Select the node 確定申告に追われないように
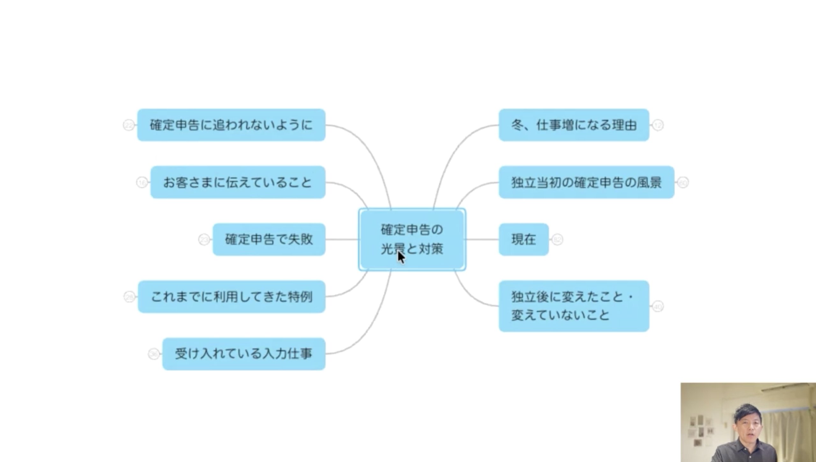pyautogui.click(x=231, y=125)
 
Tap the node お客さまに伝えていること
pyautogui.click(x=238, y=182)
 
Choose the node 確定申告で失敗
pyautogui.click(x=269, y=239)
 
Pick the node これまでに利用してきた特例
pyautogui.click(x=231, y=297)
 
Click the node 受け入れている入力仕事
pyautogui.click(x=244, y=354)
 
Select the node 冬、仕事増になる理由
pyautogui.click(x=574, y=125)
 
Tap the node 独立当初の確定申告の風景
pyautogui.click(x=586, y=182)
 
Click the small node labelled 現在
pyautogui.click(x=524, y=239)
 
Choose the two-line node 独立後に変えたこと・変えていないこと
pyautogui.click(x=574, y=306)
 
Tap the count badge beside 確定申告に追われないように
pyautogui.click(x=129, y=125)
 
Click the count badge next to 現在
pyautogui.click(x=557, y=239)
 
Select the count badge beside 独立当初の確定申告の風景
pyautogui.click(x=683, y=183)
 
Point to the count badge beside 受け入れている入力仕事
pyautogui.click(x=154, y=354)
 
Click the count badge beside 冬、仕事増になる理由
pyautogui.click(x=658, y=125)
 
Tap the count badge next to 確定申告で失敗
pyautogui.click(x=204, y=240)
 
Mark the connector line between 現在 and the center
pyautogui.click(x=482, y=239)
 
